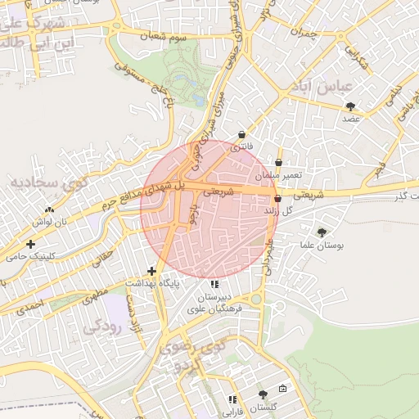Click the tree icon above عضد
click(351, 106)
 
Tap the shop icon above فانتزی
click(241, 135)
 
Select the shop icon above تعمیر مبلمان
click(279, 163)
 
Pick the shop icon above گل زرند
click(277, 199)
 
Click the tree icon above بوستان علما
click(321, 232)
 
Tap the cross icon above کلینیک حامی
click(31, 244)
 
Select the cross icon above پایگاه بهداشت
click(151, 271)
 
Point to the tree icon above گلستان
click(263, 394)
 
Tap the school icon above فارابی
click(232, 399)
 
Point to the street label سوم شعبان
click(169, 38)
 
